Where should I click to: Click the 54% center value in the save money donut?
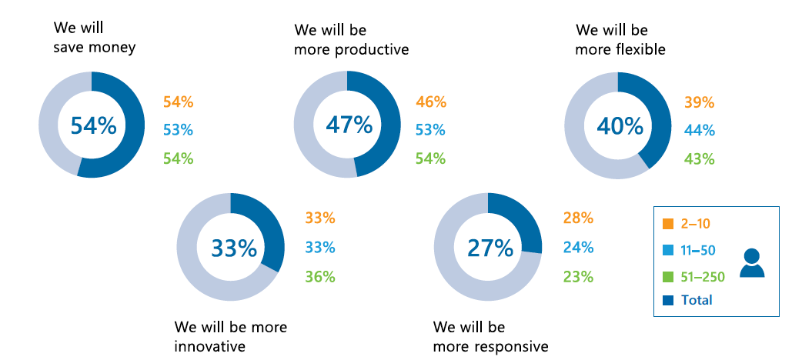pos(93,125)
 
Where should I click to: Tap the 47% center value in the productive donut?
pos(349,125)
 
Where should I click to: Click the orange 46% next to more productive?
pos(431,102)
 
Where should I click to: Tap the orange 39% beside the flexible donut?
pos(700,102)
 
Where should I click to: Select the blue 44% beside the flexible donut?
pos(700,131)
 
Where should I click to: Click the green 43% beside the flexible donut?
pos(700,159)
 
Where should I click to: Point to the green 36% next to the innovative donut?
pos(320,276)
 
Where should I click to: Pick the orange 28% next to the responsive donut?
pos(578,218)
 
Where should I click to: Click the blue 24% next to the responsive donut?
pos(578,248)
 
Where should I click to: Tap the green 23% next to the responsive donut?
pos(578,276)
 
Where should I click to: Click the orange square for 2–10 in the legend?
pos(667,225)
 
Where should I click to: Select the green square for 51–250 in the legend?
pos(667,275)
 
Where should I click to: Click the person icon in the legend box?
pos(752,263)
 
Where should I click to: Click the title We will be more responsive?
pos(490,337)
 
